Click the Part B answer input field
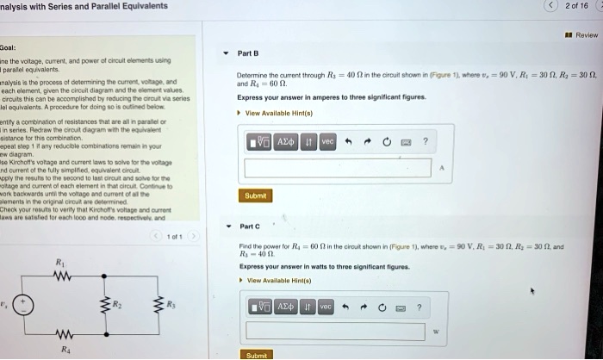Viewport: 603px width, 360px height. [337, 167]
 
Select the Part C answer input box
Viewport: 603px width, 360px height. [337, 330]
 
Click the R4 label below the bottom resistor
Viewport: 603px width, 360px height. [59, 349]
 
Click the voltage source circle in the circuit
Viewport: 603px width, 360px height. [28, 306]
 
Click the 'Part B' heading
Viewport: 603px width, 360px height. [248, 53]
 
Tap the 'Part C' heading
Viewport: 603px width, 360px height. [249, 227]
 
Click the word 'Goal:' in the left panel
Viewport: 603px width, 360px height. [9, 48]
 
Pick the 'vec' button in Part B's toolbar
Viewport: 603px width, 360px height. [327, 141]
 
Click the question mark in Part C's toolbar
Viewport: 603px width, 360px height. [420, 306]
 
